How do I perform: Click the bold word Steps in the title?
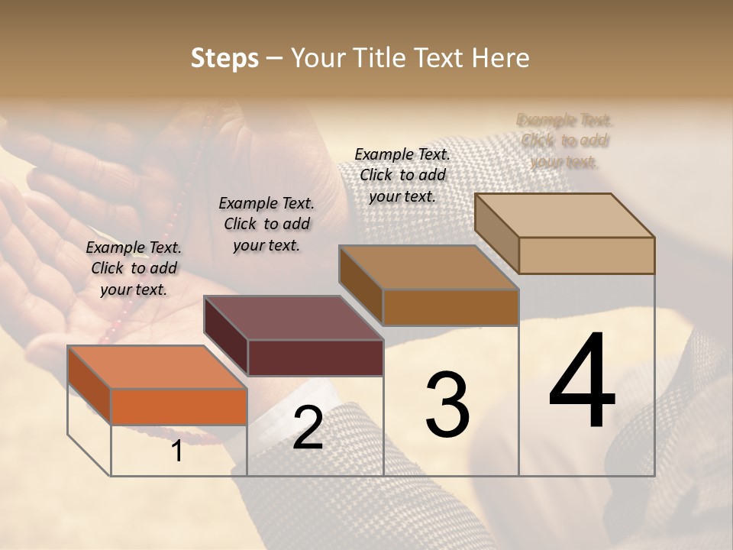(224, 58)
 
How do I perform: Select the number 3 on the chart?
(447, 405)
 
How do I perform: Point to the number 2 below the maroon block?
(308, 428)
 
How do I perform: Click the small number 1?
(177, 451)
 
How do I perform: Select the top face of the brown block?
(430, 268)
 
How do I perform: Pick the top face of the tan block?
(565, 215)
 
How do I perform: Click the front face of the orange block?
(179, 406)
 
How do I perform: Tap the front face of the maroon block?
(315, 357)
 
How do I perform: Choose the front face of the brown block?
(450, 308)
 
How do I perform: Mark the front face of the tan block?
(586, 255)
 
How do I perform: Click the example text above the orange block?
(134, 268)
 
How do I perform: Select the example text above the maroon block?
(266, 224)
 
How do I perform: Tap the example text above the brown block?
(402, 175)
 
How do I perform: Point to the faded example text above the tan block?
(564, 141)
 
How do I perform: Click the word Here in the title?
(503, 58)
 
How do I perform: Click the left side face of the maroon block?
(227, 336)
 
